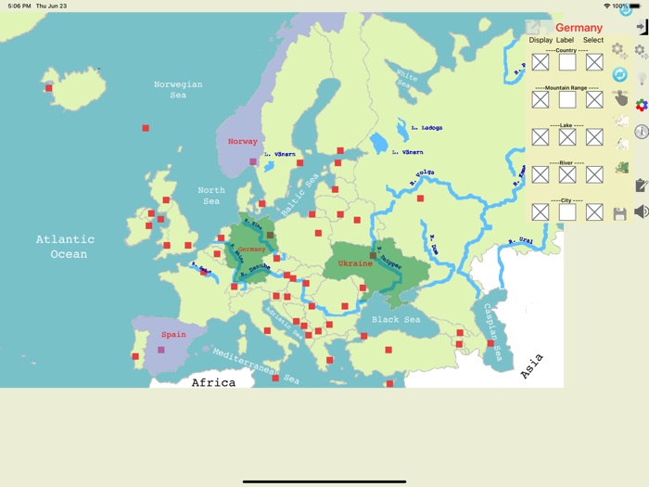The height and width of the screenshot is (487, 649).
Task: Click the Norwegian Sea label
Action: coord(178,89)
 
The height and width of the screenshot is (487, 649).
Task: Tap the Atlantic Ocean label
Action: coord(66,247)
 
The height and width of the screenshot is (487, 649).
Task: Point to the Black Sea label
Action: coord(396,320)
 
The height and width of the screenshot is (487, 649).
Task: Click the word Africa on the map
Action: coord(213,382)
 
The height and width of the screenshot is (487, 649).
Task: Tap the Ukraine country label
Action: coord(355,263)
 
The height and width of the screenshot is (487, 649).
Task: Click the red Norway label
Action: coord(243,142)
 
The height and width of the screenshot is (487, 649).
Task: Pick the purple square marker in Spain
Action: coord(161,351)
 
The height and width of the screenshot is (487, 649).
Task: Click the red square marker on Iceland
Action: coord(49,88)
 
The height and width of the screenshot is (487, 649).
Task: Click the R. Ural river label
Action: coord(521,241)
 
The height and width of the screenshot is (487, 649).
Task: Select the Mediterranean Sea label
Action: coord(256,366)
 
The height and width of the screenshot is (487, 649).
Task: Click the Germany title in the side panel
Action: coord(579,28)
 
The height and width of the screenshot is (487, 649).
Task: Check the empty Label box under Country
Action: coord(567,62)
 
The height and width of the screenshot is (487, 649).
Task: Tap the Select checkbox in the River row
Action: coord(594,174)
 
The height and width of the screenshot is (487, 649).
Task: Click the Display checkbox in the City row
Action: coord(541,212)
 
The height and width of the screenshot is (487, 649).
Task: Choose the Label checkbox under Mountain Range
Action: coord(567,99)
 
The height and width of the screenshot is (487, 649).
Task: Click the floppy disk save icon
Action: coord(620,213)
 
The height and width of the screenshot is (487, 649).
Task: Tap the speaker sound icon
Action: coord(641,212)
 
